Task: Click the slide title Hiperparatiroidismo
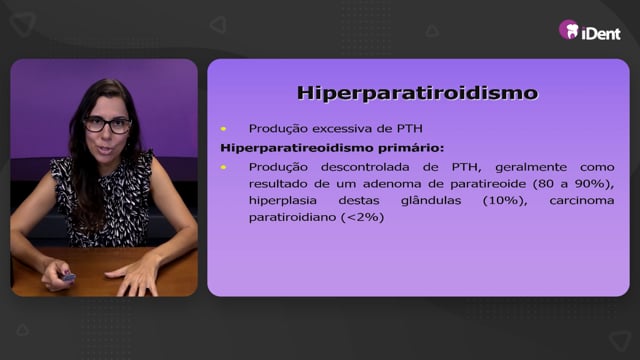tap(418, 93)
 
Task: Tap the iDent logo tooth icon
tap(569, 30)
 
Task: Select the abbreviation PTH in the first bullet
tap(410, 129)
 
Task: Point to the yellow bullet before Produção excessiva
tap(223, 129)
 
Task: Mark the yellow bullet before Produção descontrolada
tap(223, 167)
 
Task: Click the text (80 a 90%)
tap(573, 184)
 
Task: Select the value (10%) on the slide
tap(505, 201)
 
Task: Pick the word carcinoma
tap(582, 201)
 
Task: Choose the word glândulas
tap(431, 201)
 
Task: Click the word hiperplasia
tap(282, 201)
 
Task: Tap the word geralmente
tap(531, 167)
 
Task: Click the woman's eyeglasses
tap(107, 125)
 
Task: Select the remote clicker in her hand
tap(68, 278)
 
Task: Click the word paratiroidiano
tap(292, 217)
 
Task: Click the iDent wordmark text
tap(601, 33)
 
